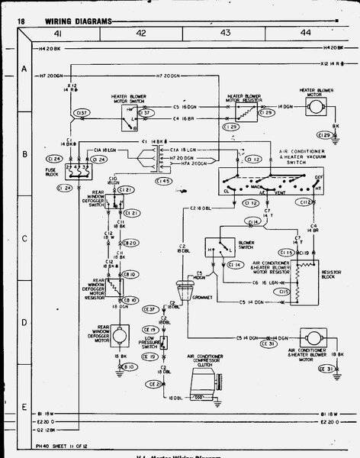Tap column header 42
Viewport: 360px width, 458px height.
click(141, 34)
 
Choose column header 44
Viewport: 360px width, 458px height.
click(305, 34)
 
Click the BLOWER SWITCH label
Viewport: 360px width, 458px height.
click(246, 247)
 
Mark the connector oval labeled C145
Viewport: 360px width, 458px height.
click(162, 181)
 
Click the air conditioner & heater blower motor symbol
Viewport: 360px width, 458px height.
click(312, 337)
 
